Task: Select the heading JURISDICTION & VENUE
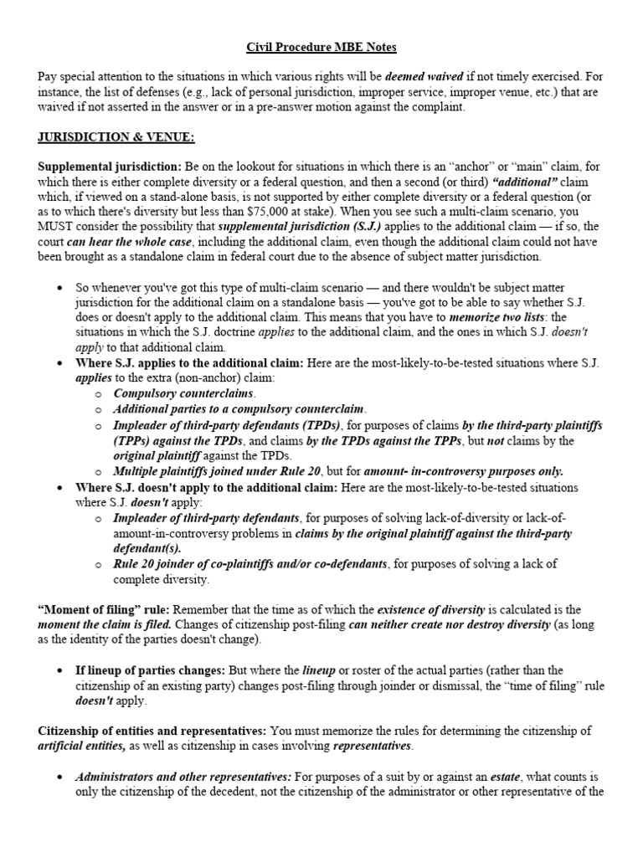(x=116, y=136)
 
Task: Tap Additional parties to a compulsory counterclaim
(x=239, y=408)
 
